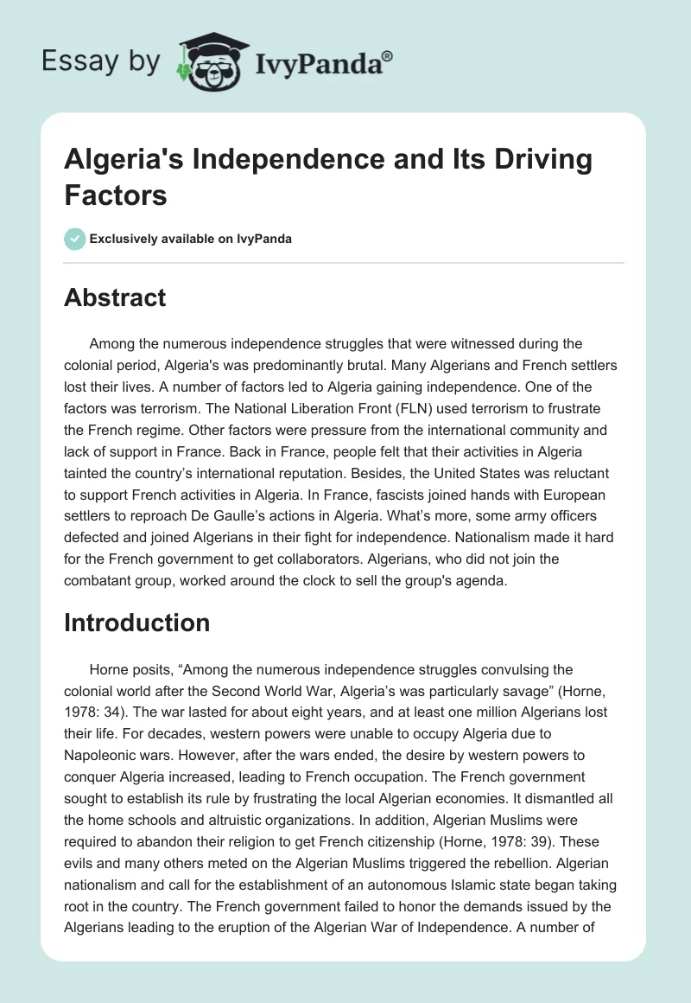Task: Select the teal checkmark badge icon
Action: coord(75,239)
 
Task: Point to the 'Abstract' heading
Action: coord(115,298)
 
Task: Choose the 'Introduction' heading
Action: coord(137,623)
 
